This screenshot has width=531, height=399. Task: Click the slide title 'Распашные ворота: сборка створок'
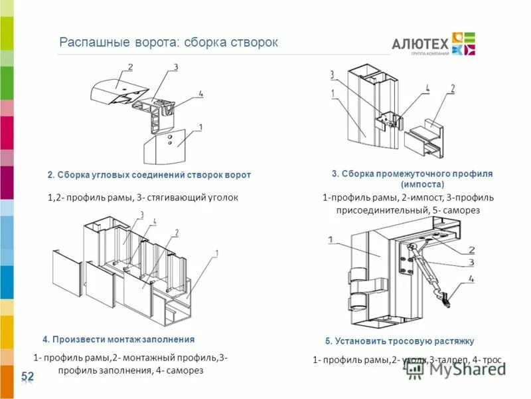(x=169, y=42)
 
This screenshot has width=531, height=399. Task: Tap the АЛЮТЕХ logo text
(x=419, y=44)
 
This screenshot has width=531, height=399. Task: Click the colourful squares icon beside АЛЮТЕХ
(x=463, y=43)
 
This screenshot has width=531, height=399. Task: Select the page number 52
(x=27, y=377)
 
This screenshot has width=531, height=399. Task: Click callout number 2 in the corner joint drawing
(x=130, y=66)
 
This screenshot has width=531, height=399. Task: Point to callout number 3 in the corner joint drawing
(x=175, y=66)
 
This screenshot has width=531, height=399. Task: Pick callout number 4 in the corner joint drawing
(x=200, y=94)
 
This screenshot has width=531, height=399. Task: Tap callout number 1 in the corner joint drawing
(x=200, y=126)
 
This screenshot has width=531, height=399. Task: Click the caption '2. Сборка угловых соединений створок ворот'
(x=149, y=175)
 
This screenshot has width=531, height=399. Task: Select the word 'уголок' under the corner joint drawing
(x=222, y=198)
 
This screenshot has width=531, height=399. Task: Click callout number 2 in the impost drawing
(x=452, y=88)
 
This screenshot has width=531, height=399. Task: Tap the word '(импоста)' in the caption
(x=421, y=184)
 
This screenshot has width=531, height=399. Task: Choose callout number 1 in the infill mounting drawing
(x=216, y=253)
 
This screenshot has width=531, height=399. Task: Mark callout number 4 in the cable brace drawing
(x=471, y=279)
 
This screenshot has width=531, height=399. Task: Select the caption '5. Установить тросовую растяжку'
(x=400, y=341)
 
